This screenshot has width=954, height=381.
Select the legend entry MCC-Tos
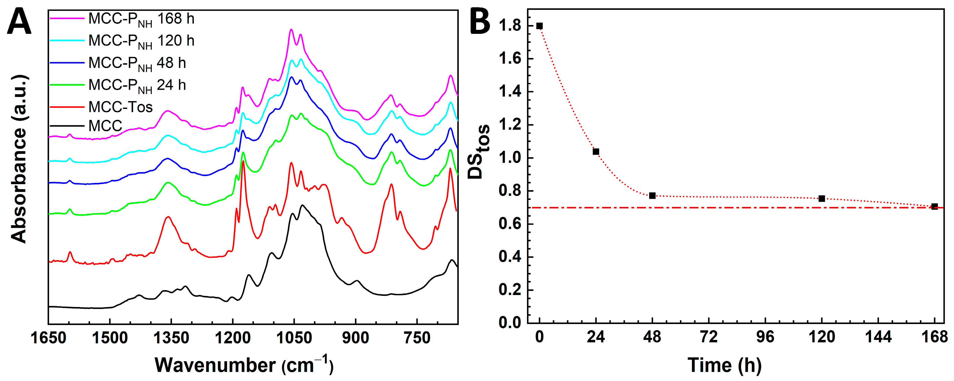tap(120, 107)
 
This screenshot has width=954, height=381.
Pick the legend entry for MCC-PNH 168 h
tap(141, 19)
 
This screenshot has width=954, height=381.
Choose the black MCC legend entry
tap(105, 126)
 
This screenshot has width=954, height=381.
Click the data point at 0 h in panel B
tap(540, 26)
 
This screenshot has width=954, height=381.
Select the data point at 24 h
tap(596, 151)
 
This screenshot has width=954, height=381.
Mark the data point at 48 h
tap(653, 196)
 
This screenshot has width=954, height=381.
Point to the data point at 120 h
tap(822, 199)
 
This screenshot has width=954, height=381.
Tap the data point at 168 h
tap(934, 206)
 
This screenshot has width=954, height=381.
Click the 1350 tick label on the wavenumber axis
tap(171, 338)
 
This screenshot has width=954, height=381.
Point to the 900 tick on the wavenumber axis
tap(356, 338)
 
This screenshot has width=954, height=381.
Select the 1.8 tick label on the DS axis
tap(509, 26)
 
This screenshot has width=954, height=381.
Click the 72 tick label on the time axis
tap(709, 337)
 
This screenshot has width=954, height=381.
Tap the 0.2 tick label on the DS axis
tap(509, 290)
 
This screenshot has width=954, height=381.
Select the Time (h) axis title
tap(724, 365)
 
